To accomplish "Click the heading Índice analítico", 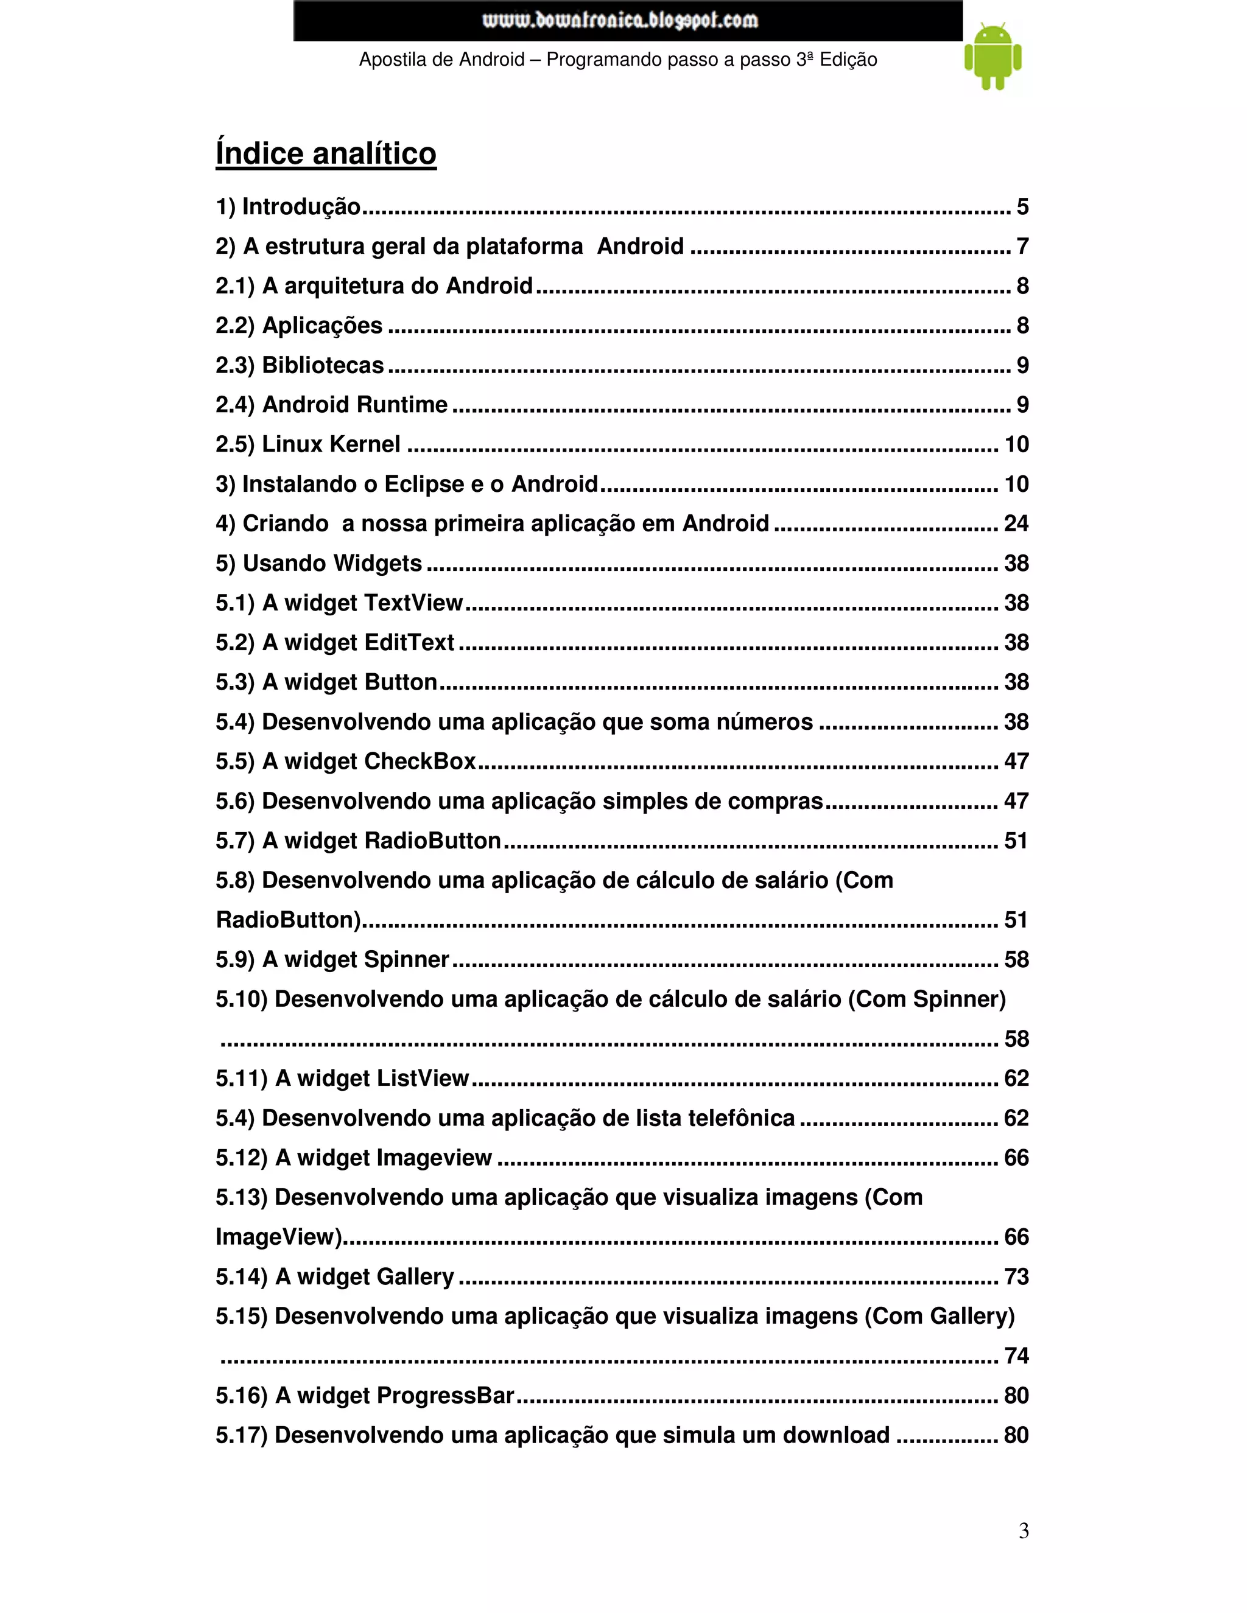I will tap(326, 153).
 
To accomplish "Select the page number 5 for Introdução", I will tap(1022, 207).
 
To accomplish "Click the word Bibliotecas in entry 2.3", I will tap(323, 365).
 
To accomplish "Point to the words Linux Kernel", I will tap(331, 444).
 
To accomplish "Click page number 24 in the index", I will tap(1016, 523).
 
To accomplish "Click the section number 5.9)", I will tap(235, 959).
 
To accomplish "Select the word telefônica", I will tap(741, 1118).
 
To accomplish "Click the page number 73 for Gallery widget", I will tap(1016, 1276).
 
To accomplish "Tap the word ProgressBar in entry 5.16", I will tap(446, 1395).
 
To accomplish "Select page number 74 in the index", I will tap(1016, 1356).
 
